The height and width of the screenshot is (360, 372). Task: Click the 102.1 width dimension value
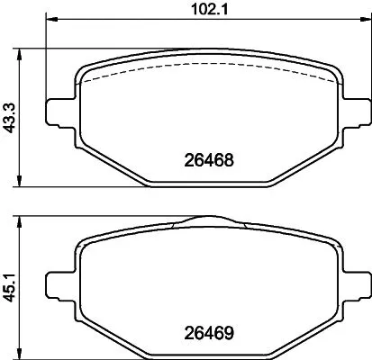207,11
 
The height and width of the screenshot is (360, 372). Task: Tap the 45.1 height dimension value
10,283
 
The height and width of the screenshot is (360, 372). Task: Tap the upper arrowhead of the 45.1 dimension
23,219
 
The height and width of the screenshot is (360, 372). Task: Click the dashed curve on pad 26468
207,69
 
